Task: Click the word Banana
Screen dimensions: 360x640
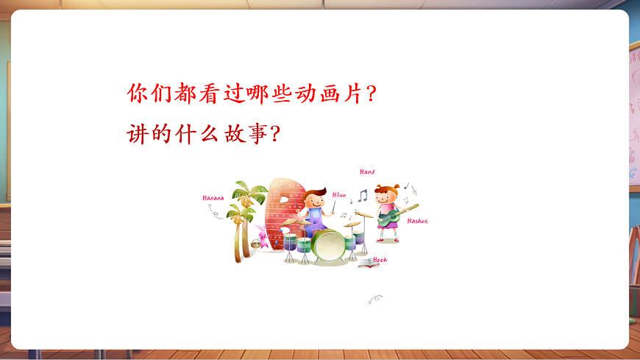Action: click(x=213, y=197)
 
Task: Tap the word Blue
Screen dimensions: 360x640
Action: click(x=339, y=194)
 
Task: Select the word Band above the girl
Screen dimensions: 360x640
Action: click(x=367, y=172)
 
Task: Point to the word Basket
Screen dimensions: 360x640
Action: click(x=417, y=221)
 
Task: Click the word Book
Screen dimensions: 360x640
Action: click(x=380, y=260)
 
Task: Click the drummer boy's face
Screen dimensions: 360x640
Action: click(x=316, y=200)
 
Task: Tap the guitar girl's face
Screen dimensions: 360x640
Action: click(x=385, y=197)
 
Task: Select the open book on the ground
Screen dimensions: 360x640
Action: click(x=368, y=262)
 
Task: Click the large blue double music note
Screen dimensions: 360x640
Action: click(x=362, y=195)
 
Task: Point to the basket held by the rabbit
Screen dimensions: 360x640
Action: click(x=256, y=244)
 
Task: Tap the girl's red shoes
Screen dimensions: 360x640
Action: click(x=388, y=239)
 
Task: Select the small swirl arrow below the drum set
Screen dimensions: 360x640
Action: click(x=375, y=299)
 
